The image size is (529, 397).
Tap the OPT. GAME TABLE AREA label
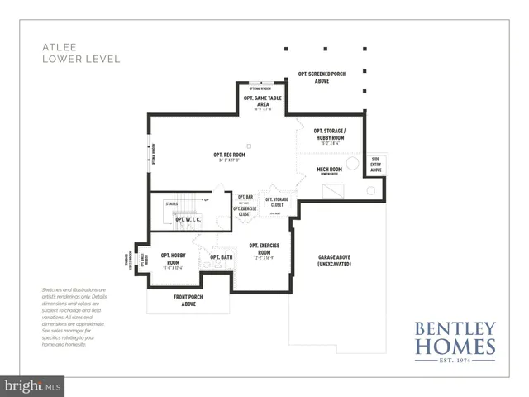click(258, 101)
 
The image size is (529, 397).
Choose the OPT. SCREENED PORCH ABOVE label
click(322, 77)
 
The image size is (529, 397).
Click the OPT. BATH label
click(221, 258)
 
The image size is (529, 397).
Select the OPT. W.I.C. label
click(188, 220)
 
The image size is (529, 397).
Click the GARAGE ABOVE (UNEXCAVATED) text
click(335, 261)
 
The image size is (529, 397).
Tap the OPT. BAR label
click(245, 197)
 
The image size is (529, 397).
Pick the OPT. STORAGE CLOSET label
click(277, 202)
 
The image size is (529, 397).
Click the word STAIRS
click(172, 203)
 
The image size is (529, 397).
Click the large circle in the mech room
click(352, 164)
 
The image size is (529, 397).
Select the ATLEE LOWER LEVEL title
click(81, 54)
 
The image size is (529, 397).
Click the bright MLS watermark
click(33, 385)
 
